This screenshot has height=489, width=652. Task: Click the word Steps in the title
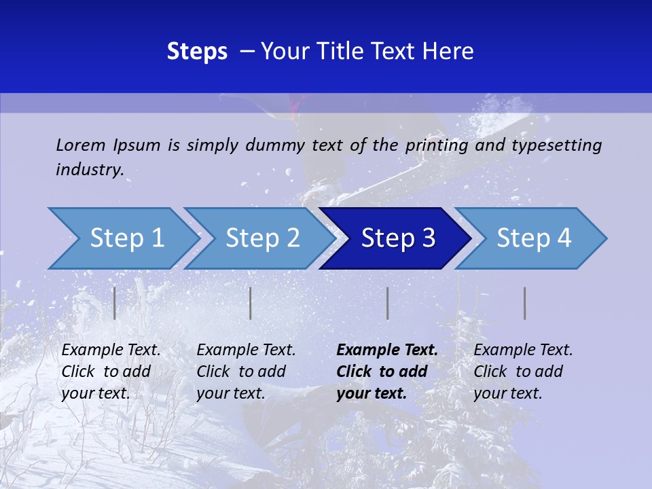click(x=197, y=52)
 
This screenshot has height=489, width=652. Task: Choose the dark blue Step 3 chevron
click(x=398, y=238)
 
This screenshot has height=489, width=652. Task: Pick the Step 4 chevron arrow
click(x=534, y=238)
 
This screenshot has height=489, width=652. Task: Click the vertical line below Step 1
click(x=115, y=303)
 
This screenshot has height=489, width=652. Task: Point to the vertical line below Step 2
click(x=251, y=303)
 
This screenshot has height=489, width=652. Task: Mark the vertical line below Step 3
click(x=388, y=303)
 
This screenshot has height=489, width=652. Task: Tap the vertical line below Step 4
click(x=525, y=303)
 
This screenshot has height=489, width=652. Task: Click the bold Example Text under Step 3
click(x=386, y=350)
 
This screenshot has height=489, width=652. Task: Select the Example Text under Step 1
click(x=111, y=350)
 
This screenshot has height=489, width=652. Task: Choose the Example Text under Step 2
click(x=246, y=350)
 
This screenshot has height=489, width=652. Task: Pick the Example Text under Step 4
click(x=523, y=350)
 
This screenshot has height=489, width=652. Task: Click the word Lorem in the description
click(x=81, y=145)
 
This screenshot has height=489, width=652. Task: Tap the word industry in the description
click(x=90, y=170)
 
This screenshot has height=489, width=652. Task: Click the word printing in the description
click(x=436, y=145)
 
